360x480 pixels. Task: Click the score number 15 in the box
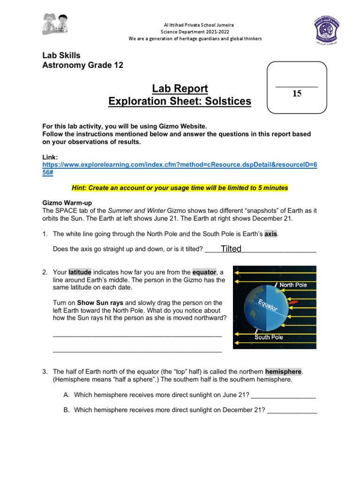tap(297, 94)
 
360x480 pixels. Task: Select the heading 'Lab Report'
tap(180, 89)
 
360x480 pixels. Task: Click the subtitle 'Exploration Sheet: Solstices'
tap(180, 101)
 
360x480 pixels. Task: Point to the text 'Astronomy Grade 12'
tap(83, 65)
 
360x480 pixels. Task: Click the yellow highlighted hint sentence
tap(180, 187)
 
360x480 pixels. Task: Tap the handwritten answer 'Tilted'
tap(231, 249)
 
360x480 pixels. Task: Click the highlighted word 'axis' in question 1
tap(271, 233)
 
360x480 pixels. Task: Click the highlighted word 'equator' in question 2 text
tap(204, 272)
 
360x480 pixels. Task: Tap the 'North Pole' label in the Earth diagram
tap(293, 284)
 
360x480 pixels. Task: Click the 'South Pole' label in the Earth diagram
tap(269, 337)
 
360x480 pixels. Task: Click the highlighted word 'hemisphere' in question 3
tap(284, 372)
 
